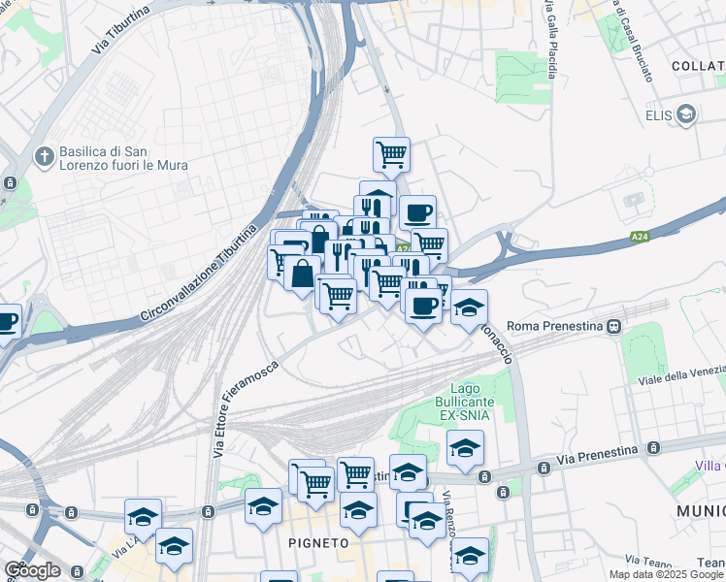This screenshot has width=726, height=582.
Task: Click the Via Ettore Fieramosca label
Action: [245, 407]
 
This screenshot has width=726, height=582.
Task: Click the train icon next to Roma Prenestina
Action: [614, 328]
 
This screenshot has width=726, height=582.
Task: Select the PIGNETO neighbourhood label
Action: [317, 543]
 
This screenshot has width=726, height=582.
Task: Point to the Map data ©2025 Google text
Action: [666, 574]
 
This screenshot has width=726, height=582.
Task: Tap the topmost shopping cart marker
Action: [391, 153]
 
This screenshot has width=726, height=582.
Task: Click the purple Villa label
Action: [710, 467]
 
